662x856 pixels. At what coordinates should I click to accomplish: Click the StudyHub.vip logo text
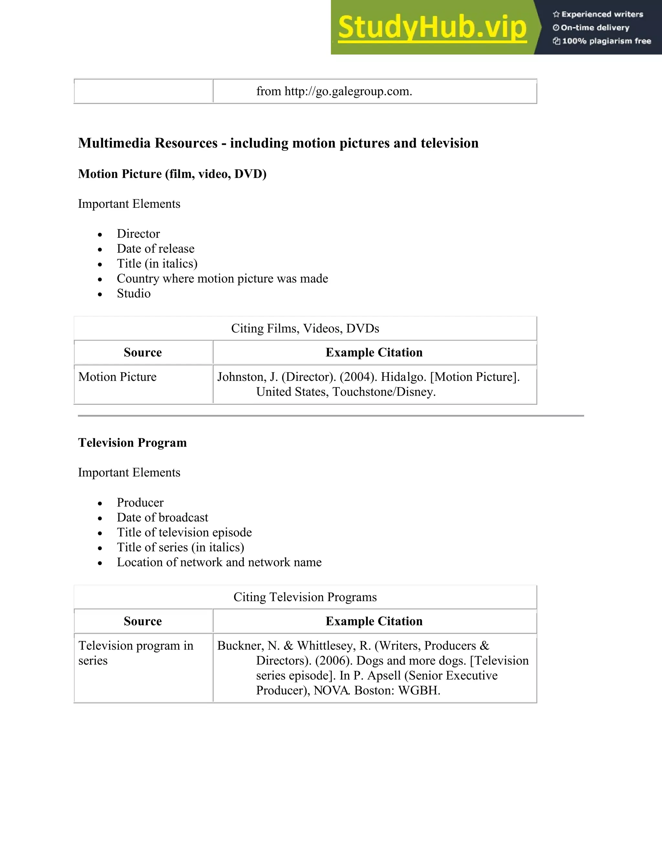tap(432, 27)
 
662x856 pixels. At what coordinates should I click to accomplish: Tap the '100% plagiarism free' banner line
tap(606, 41)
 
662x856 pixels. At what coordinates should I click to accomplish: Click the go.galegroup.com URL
tap(348, 91)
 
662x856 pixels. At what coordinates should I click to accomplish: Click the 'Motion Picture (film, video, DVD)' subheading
tap(172, 174)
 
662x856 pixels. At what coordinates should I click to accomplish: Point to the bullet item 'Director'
tap(138, 234)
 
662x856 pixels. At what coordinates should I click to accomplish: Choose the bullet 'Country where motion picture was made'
tap(222, 278)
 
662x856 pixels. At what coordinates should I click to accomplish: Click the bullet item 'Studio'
tap(133, 293)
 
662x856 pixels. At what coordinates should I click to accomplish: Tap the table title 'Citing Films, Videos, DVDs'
tap(305, 328)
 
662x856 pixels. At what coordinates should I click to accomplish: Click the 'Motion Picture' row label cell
tap(117, 377)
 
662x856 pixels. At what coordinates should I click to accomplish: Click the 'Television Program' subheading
tap(132, 443)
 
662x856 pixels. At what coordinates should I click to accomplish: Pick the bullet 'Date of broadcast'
tap(162, 517)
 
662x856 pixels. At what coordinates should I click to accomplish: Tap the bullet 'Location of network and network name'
tap(219, 562)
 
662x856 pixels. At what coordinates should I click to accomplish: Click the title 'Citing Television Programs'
tap(305, 597)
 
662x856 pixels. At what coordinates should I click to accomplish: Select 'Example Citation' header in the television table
tap(374, 621)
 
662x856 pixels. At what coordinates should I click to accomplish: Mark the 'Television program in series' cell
tap(135, 653)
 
